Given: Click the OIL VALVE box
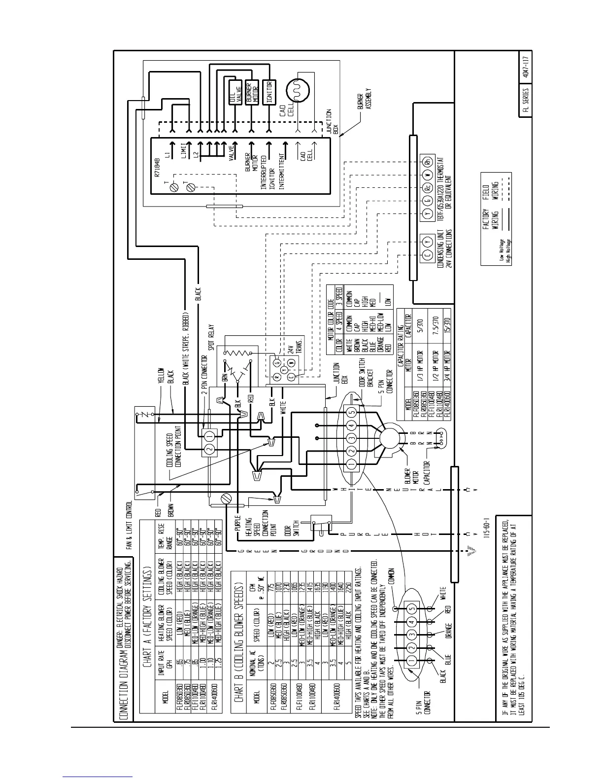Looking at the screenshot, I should (235, 92).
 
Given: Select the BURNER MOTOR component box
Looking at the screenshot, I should (252, 92).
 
